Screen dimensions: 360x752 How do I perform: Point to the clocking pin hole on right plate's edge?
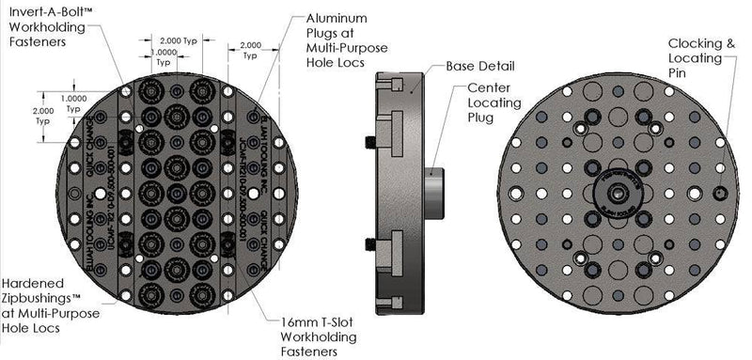pos(718,192)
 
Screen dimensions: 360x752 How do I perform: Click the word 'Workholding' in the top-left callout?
pos(43,28)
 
